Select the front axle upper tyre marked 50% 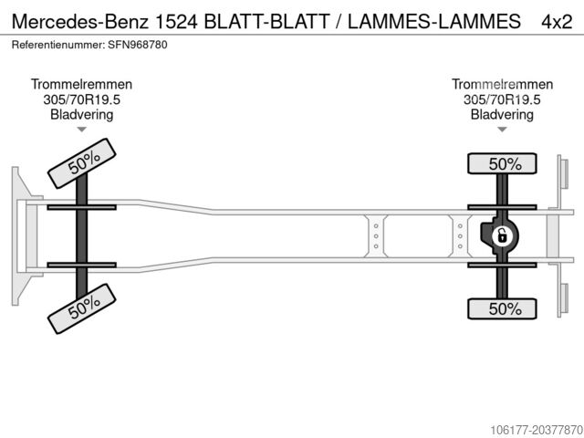pos(83,162)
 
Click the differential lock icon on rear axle pos(501,236)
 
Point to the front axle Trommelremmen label pos(81,84)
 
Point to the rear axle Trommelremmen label pos(502,84)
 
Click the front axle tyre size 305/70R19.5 pos(81,99)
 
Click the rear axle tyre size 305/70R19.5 pos(502,99)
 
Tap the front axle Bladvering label pos(81,115)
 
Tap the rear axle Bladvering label pos(502,115)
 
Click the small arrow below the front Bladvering pos(81,130)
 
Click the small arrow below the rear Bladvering pos(502,130)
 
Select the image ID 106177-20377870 pos(521,429)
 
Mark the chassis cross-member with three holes pos(375,235)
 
